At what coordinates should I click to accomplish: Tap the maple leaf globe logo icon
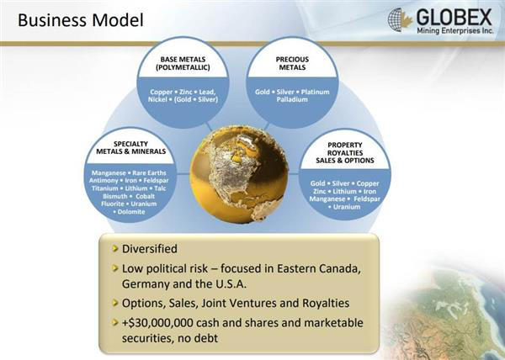[x=400, y=19]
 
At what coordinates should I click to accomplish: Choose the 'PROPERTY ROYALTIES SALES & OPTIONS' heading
[x=344, y=152]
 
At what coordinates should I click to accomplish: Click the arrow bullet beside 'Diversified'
[x=114, y=250]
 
